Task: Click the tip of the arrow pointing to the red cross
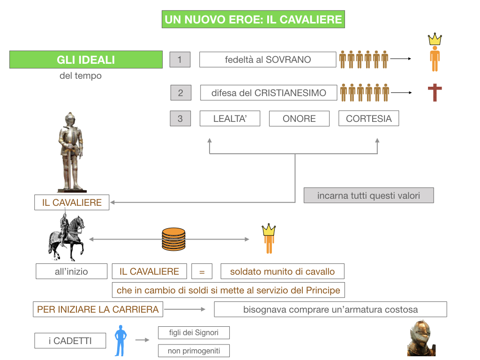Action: point(412,92)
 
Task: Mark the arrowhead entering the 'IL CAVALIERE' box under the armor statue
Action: point(111,202)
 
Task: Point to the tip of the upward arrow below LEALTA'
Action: point(210,138)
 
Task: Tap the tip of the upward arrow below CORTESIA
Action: point(377,138)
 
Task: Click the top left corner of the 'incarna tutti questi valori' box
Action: point(304,188)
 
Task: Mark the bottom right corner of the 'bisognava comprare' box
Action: point(447,317)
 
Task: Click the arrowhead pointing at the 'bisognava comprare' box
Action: point(205,309)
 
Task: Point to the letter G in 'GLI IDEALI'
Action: point(60,60)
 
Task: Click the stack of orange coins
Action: point(173,239)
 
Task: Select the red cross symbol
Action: point(435,92)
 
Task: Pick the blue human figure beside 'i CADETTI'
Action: point(120,341)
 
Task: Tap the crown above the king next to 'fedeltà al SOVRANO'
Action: point(435,39)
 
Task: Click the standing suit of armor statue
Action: point(71,152)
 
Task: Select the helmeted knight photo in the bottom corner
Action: point(421,338)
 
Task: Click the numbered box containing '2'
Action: point(180,93)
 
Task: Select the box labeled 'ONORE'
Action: point(299,119)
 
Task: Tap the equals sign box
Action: point(202,271)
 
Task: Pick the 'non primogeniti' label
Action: point(194,351)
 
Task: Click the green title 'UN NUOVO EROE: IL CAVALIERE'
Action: point(253,19)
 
